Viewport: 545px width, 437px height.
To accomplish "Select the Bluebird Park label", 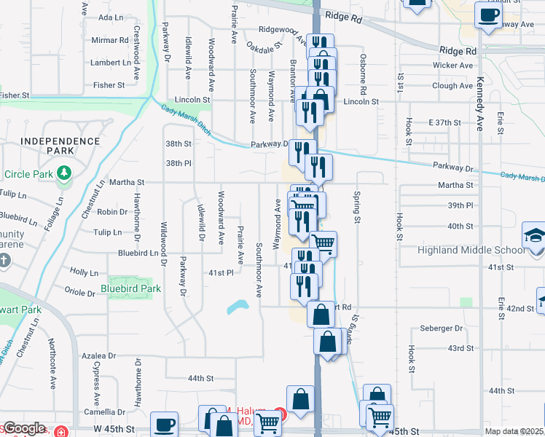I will pos(130,288).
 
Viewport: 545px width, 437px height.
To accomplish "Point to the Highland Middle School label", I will pos(470,250).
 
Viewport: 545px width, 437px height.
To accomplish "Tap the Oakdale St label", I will pos(264,47).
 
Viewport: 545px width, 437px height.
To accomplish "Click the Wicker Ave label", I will pos(452,66).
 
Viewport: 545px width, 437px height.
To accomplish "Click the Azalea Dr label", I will pos(99,356).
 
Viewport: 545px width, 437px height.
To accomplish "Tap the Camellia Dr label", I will pos(100,412).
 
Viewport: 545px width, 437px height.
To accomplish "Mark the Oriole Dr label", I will pos(80,294).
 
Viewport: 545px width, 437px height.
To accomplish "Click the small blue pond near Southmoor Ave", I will pos(239,307).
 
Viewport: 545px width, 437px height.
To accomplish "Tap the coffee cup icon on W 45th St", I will pos(165,424).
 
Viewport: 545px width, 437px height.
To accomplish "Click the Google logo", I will pos(23,429).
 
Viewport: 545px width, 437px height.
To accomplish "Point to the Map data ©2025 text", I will pos(514,431).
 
